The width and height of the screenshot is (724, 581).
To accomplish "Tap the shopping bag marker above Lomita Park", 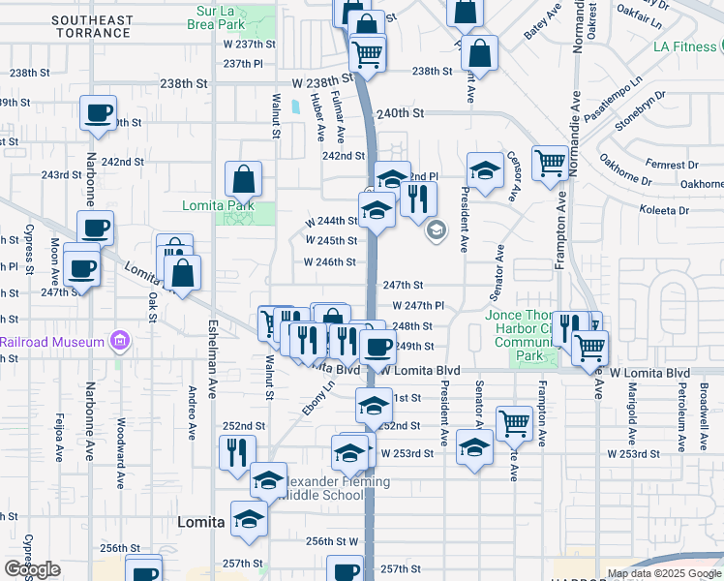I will pos(243,178).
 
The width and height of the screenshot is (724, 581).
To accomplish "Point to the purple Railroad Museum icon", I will pos(119,341).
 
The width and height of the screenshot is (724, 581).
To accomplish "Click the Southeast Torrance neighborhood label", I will pos(93,26).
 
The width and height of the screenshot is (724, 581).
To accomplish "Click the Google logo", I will pos(32,570).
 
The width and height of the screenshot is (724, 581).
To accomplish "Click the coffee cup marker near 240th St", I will pos(98,113).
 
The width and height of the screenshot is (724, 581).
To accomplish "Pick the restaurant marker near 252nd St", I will pos(236,451).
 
